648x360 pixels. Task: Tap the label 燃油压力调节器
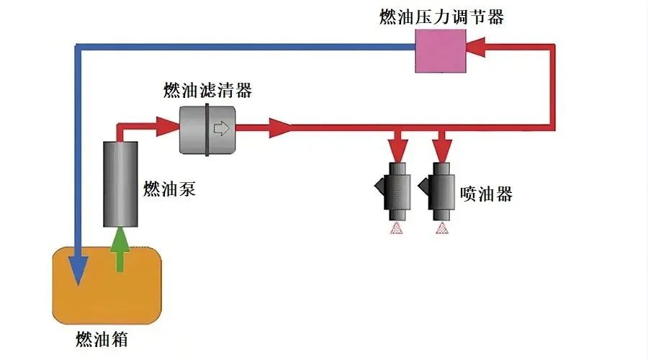point(441,16)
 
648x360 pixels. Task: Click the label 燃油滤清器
point(207,91)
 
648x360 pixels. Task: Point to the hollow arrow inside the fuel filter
point(221,129)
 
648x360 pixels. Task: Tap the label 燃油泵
point(169,189)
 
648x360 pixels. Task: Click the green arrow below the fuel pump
point(120,248)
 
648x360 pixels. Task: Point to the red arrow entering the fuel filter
point(164,128)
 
